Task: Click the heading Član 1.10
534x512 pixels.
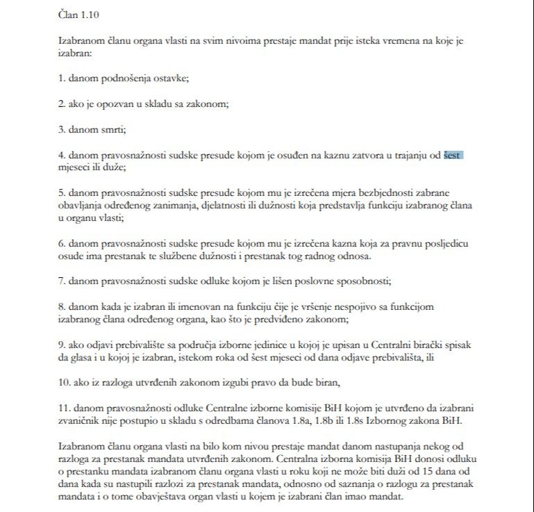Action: [81, 13]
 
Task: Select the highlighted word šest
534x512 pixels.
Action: [453, 155]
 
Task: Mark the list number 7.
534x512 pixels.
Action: [61, 281]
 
